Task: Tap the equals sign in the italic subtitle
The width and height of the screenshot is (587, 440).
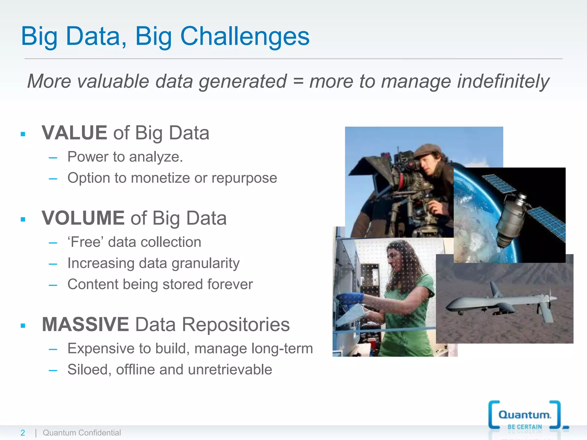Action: click(x=298, y=81)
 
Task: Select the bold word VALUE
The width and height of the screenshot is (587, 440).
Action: click(x=74, y=133)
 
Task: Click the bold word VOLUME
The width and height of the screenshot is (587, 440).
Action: click(x=83, y=218)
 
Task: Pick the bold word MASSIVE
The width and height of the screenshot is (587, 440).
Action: click(x=85, y=325)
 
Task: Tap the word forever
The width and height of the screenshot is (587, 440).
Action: click(x=230, y=284)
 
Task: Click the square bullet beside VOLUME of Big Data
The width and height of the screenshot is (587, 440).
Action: click(x=23, y=219)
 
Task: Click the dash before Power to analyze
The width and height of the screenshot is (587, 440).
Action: click(x=53, y=157)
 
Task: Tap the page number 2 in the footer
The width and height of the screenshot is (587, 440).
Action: click(x=23, y=433)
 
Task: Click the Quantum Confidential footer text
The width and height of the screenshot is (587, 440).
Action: click(x=82, y=433)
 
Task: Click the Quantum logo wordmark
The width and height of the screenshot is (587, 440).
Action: click(x=524, y=415)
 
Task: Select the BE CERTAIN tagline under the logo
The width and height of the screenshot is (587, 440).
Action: click(x=525, y=427)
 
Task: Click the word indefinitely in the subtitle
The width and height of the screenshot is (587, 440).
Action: click(x=503, y=81)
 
